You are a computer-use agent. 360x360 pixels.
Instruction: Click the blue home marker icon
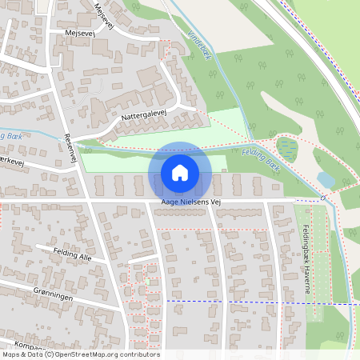(180, 173)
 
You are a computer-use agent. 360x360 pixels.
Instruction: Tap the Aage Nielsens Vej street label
(191, 202)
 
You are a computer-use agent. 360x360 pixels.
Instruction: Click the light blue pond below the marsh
(326, 180)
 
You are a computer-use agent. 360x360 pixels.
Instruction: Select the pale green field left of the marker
(116, 160)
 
